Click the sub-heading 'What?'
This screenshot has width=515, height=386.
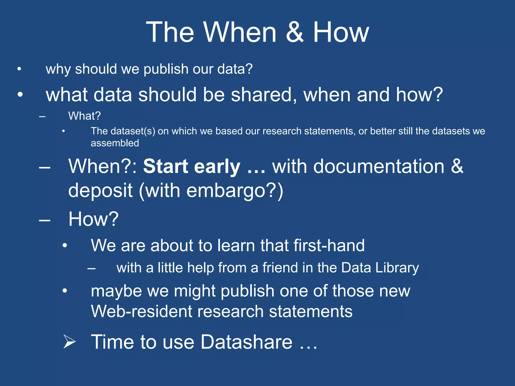tap(84, 116)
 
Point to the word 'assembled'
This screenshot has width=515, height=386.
tap(115, 143)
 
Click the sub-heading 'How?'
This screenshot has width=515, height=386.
tap(93, 219)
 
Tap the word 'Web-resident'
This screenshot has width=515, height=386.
tap(141, 312)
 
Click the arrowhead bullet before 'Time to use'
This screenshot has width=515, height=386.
tap(69, 342)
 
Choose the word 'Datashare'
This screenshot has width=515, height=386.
tap(246, 342)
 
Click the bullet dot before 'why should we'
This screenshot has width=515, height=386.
tap(19, 69)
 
